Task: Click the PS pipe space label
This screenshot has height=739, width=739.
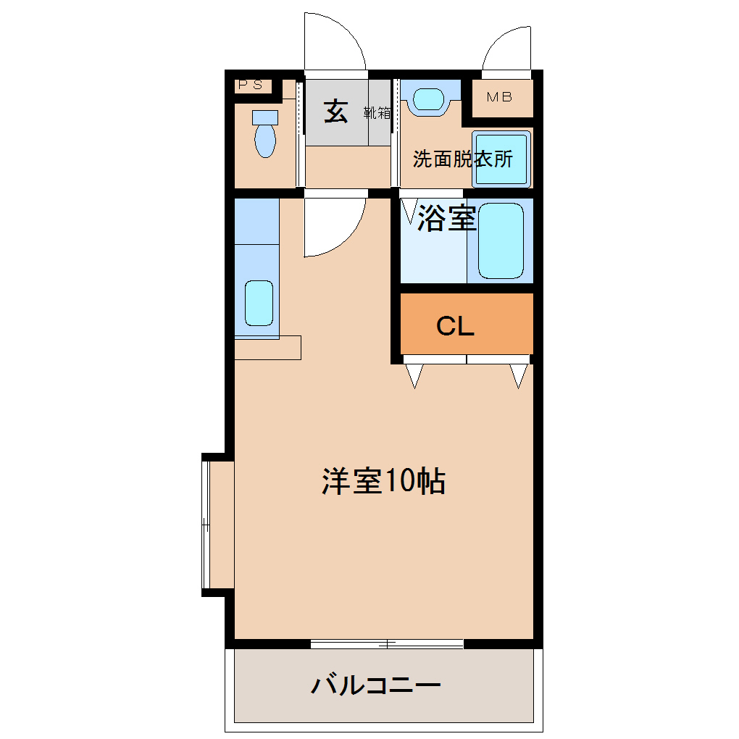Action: click(250, 85)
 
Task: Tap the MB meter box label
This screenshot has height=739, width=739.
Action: click(500, 97)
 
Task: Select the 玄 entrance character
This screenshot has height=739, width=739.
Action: click(335, 112)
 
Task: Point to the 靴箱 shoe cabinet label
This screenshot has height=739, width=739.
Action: click(377, 112)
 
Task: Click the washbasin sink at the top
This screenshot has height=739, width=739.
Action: click(428, 99)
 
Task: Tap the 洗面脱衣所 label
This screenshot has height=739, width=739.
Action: click(463, 159)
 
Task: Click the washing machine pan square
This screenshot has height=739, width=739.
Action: click(501, 159)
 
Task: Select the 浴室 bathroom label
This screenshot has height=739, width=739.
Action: click(447, 218)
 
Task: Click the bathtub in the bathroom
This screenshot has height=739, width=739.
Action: click(501, 241)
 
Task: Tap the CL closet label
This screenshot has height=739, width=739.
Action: click(455, 326)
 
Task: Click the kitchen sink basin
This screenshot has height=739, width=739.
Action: click(259, 303)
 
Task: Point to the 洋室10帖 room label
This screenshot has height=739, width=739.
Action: click(384, 481)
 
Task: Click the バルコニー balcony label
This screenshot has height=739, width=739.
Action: click(375, 685)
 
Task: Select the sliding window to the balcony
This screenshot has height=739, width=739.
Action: click(387, 644)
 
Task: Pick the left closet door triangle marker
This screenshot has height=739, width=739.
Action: click(414, 375)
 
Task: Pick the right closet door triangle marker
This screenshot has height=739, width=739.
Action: click(519, 375)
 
